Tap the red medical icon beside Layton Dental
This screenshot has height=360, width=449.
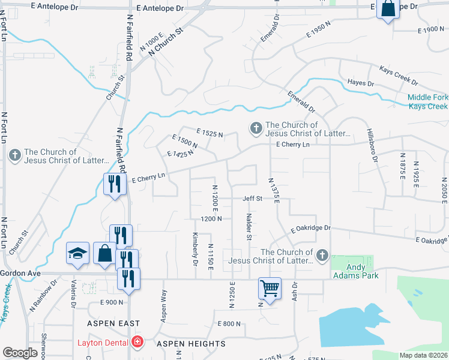pos(138,342)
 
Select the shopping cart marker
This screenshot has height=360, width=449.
pos(270,289)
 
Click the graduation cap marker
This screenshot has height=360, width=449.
pos(77,254)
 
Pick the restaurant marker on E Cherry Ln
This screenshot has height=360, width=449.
pos(112,184)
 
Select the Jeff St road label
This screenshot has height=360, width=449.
pos(252,198)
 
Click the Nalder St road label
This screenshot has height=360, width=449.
pos(249,227)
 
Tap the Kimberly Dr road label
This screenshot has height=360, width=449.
pos(195,248)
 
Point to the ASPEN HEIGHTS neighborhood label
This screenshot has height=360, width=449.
pos(191,344)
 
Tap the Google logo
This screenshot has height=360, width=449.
pos(20,353)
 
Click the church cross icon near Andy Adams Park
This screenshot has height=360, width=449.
pos(322,256)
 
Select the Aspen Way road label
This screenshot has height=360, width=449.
pos(163,305)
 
